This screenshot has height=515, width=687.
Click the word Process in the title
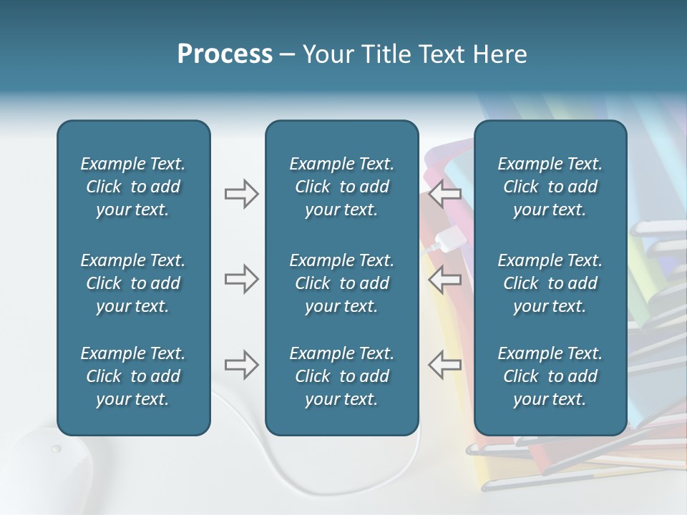[x=225, y=54]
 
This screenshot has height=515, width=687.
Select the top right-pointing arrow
[x=241, y=193]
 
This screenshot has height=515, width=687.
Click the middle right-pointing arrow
[x=241, y=279]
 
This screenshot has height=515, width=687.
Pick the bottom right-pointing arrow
[x=241, y=365]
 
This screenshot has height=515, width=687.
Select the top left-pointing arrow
[x=445, y=193]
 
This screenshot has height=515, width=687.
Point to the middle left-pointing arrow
[x=445, y=279]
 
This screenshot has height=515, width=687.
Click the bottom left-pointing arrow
[x=445, y=365]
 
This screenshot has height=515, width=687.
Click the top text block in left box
[x=133, y=187]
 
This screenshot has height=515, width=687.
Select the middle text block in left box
[x=133, y=283]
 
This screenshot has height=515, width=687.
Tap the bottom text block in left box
[x=133, y=376]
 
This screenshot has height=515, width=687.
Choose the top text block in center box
[x=342, y=187]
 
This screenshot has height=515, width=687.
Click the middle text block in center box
[x=342, y=283]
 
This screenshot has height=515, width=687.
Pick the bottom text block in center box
[x=342, y=376]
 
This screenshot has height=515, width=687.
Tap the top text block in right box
[x=550, y=187]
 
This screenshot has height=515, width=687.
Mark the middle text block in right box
[x=550, y=283]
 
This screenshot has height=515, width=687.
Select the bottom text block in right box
[x=550, y=376]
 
